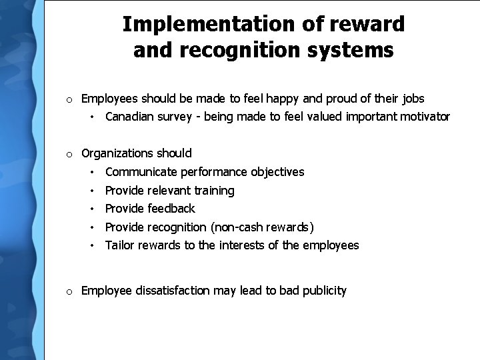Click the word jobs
pos(413,99)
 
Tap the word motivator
pos(423,117)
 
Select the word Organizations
pos(117,154)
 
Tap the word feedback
pos(172,209)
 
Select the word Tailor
pos(119,245)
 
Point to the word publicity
pos(323,291)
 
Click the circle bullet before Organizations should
pos(69,155)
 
